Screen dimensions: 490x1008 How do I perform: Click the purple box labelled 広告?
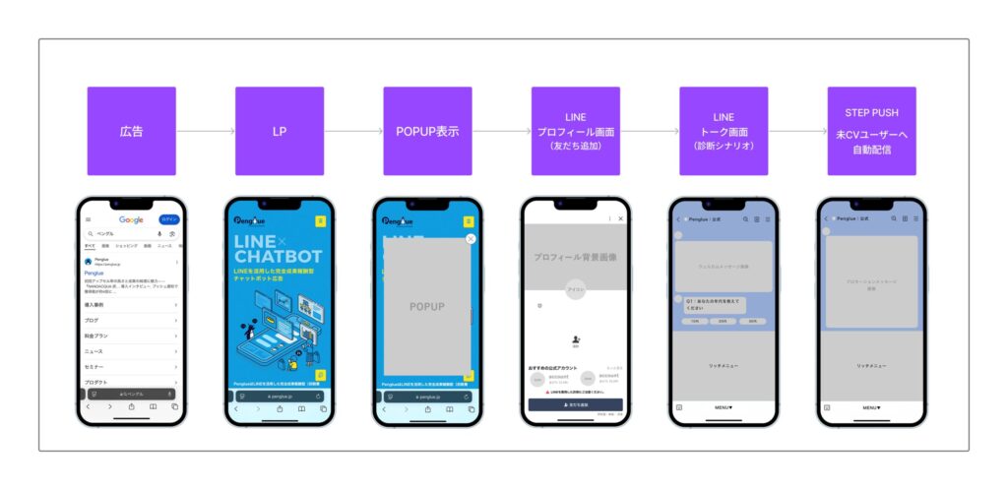pyautogui.click(x=131, y=131)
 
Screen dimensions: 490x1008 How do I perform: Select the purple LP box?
pyautogui.click(x=280, y=131)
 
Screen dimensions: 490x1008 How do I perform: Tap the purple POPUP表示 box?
pyautogui.click(x=427, y=131)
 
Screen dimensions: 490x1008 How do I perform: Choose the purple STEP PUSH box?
pyautogui.click(x=871, y=131)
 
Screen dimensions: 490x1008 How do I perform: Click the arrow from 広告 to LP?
pyautogui.click(x=206, y=131)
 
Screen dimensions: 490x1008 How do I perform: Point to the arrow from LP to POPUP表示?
pyautogui.click(x=353, y=131)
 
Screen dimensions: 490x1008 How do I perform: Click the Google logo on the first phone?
pyautogui.click(x=131, y=219)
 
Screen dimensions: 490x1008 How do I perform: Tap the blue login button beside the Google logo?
pyautogui.click(x=170, y=219)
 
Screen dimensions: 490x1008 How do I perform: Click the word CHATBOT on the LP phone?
pyautogui.click(x=279, y=258)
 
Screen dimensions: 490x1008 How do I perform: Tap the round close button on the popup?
pyautogui.click(x=471, y=238)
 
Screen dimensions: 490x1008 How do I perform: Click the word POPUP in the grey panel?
pyautogui.click(x=427, y=307)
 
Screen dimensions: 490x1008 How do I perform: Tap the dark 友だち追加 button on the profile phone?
pyautogui.click(x=575, y=404)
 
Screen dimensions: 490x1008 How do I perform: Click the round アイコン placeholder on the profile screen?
pyautogui.click(x=575, y=291)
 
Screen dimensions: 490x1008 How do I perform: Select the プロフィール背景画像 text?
pyautogui.click(x=575, y=256)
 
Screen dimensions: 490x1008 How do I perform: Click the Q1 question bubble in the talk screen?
pyautogui.click(x=711, y=305)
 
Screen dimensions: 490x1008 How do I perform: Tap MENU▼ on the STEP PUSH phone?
pyautogui.click(x=871, y=406)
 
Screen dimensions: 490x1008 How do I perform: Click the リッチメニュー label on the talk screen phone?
pyautogui.click(x=724, y=366)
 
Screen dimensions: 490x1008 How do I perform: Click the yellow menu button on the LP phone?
pyautogui.click(x=319, y=221)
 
